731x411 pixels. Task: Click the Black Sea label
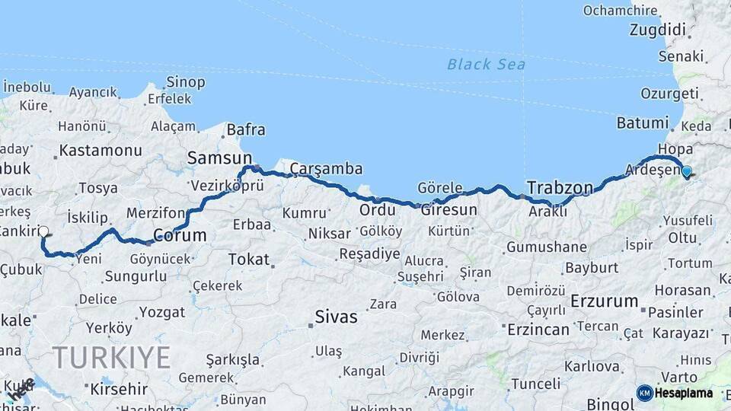coord(486,65)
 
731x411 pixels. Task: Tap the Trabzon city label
coord(560,186)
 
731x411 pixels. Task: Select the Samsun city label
coord(214,158)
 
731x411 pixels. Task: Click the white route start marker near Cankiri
coord(43,231)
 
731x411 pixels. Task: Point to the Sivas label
coord(336,317)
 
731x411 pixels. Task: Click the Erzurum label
coord(604,301)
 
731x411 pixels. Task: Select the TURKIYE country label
coord(111,356)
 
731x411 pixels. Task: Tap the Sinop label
coord(185,81)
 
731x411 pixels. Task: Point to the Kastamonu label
coord(101,150)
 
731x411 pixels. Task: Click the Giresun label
coord(454,209)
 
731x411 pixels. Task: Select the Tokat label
coord(249,260)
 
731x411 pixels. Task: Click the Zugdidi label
coord(658,30)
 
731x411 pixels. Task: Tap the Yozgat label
coord(162,312)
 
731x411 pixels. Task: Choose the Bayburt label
coord(592,267)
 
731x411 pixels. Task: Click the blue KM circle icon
coord(644,393)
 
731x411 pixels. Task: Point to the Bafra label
coord(246,130)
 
